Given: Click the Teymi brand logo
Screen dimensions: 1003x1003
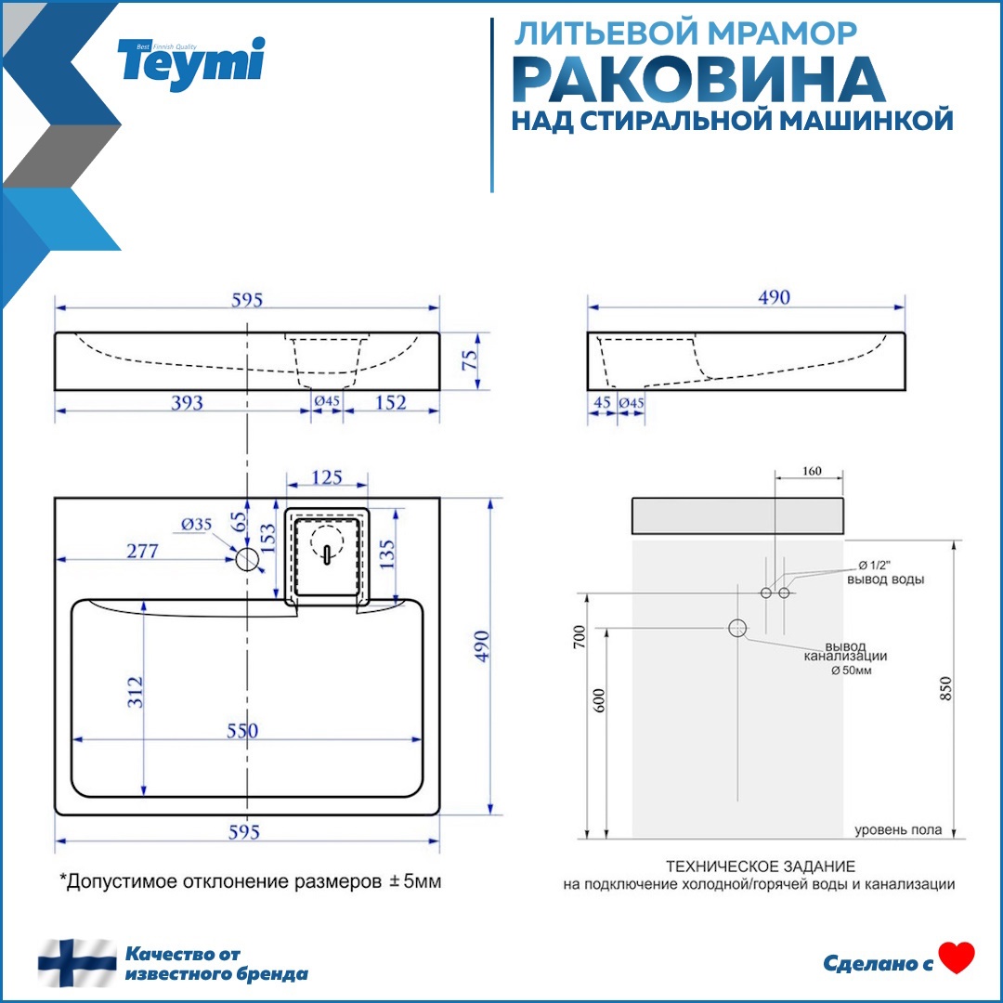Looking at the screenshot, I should tap(191, 61).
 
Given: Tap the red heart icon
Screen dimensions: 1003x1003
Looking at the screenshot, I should tap(957, 957).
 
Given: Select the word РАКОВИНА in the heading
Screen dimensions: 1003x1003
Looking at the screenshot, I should tap(698, 80).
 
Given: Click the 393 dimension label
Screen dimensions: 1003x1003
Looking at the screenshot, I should tap(186, 402).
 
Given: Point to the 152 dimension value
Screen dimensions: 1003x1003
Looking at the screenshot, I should tap(390, 402).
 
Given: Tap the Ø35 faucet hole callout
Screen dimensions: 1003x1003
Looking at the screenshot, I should tap(196, 525).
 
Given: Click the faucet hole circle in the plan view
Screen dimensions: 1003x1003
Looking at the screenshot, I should tap(248, 559).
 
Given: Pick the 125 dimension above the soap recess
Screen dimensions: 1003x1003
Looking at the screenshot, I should tap(326, 478).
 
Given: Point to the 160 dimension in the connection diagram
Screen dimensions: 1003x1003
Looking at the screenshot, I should tap(810, 472).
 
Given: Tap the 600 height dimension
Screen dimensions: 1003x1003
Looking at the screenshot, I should tap(599, 701).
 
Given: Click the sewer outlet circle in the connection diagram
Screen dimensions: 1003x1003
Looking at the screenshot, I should tap(737, 629).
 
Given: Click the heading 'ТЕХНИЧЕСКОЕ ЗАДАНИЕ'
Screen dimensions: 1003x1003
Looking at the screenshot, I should tap(760, 866).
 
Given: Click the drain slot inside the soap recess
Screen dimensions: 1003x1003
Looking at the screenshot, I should tap(326, 554).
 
